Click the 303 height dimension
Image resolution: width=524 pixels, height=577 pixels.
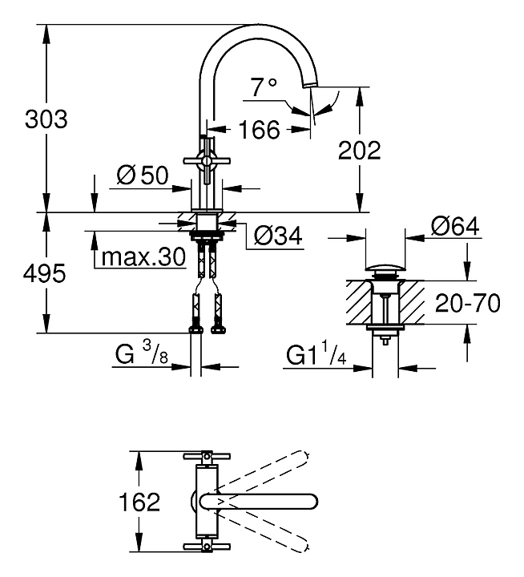[x=46, y=119]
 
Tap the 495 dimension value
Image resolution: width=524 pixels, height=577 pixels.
[x=45, y=274]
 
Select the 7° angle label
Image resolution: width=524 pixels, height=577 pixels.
[x=262, y=87]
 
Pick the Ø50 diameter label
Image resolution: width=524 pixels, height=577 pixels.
[x=142, y=176]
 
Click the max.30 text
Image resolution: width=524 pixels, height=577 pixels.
[x=141, y=258]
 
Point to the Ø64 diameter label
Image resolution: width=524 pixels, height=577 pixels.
[x=454, y=227]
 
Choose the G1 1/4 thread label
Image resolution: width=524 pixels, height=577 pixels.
[x=317, y=353]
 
